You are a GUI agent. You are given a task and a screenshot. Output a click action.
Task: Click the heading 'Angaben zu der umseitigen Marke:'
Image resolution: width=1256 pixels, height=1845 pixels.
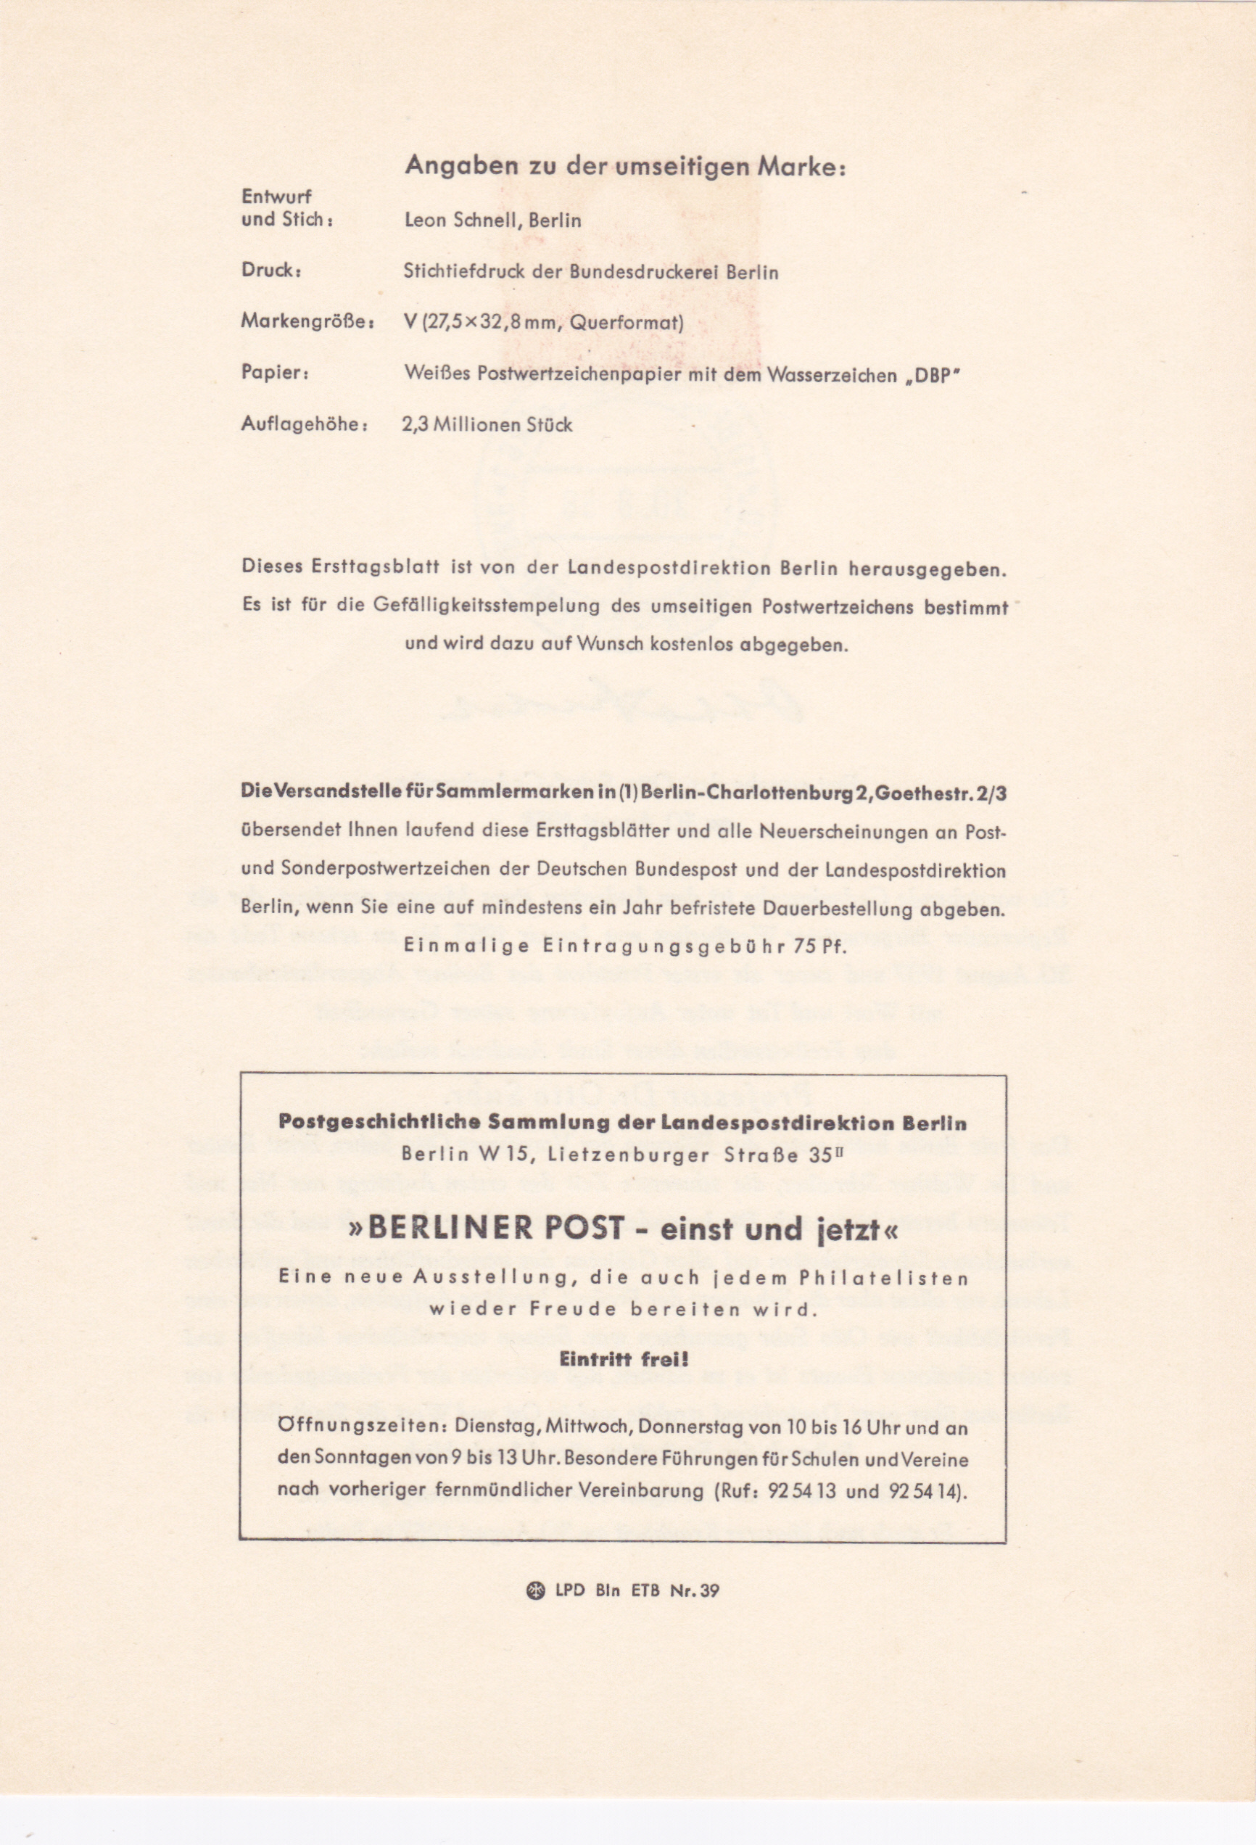point(625,167)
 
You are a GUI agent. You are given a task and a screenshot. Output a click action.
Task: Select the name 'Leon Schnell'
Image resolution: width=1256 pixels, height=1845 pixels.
point(460,220)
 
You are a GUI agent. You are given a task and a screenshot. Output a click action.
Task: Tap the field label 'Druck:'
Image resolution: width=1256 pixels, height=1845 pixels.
point(270,270)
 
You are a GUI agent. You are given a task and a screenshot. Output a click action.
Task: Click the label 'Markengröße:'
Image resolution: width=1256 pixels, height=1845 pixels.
point(307,321)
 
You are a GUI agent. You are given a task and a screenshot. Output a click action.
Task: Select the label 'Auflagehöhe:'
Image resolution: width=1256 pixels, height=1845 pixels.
point(304,424)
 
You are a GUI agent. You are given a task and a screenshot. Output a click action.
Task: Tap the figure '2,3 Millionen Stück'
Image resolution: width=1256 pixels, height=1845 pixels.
point(487,425)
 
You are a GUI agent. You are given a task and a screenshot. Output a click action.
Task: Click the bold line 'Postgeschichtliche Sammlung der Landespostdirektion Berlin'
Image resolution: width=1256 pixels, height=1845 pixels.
point(622,1123)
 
